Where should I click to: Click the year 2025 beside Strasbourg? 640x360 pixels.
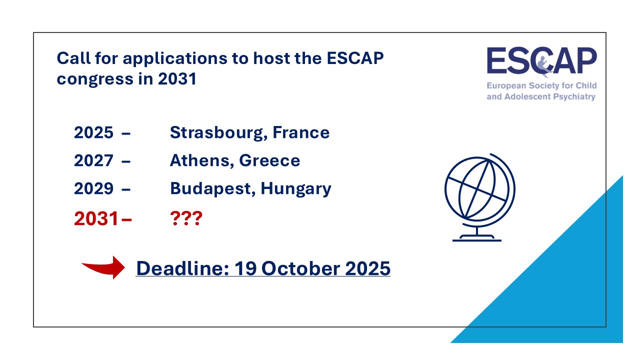[x=94, y=133]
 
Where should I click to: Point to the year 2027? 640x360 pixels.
[x=94, y=161]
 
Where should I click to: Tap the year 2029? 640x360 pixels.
[x=94, y=189]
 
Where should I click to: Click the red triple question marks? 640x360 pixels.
[x=186, y=218]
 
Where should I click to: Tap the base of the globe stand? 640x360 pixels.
[x=476, y=238]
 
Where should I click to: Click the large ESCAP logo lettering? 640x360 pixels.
[x=541, y=61]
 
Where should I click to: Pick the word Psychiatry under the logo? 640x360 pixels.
[x=572, y=96]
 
